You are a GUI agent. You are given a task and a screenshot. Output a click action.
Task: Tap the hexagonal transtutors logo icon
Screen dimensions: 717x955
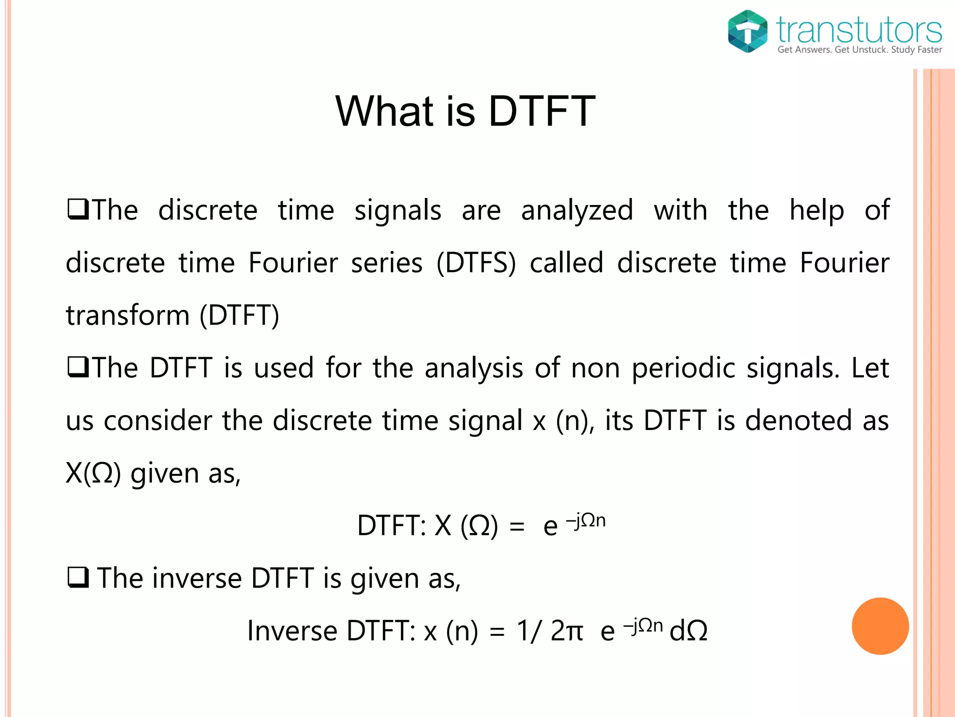tap(747, 31)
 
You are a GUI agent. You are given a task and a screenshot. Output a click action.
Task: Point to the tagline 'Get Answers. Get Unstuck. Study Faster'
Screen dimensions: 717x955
tap(859, 50)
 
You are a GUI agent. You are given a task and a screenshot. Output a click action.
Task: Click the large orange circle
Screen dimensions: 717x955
tap(880, 626)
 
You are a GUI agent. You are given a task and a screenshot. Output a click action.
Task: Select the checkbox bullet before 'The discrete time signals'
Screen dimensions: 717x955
tap(78, 210)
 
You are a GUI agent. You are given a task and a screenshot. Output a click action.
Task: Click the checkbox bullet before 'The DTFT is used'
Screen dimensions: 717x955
tap(78, 367)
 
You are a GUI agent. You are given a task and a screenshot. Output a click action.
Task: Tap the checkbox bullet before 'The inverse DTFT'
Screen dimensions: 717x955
tap(78, 578)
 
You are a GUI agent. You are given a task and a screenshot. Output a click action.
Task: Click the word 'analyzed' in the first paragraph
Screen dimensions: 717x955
tap(577, 211)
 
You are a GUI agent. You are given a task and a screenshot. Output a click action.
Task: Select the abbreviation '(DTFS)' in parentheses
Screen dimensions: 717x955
tap(476, 263)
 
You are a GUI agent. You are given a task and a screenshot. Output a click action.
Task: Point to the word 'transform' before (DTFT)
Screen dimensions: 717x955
tap(127, 315)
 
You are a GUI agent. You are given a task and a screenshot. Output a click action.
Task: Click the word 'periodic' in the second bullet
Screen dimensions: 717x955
tap(684, 369)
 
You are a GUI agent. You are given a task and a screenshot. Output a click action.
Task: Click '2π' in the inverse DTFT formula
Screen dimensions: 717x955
tap(566, 631)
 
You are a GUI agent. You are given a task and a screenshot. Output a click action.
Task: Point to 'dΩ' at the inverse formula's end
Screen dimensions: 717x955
tap(688, 631)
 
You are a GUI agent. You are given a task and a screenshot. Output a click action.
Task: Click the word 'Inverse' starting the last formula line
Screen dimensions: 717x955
tap(292, 631)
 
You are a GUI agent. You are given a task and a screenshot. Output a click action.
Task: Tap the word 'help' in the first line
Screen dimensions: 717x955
tap(816, 211)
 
